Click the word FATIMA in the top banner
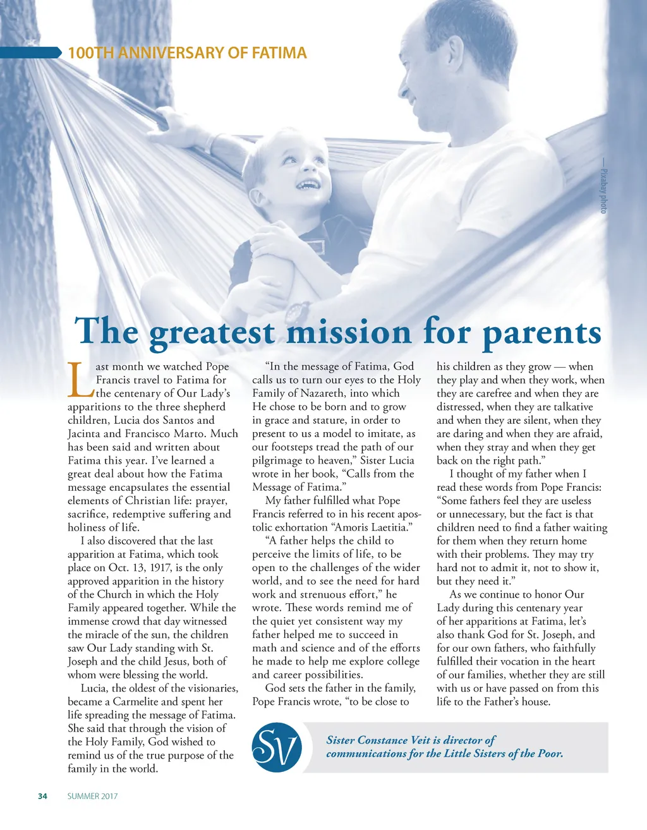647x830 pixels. pyautogui.click(x=279, y=53)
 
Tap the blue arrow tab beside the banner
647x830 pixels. pyautogui.click(x=32, y=53)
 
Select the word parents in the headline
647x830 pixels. pyautogui.click(x=541, y=332)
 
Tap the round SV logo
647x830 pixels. pyautogui.click(x=277, y=748)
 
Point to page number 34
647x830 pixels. pyautogui.click(x=42, y=796)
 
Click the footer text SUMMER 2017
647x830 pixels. pyautogui.click(x=92, y=796)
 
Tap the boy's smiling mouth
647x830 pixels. pyautogui.click(x=308, y=184)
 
